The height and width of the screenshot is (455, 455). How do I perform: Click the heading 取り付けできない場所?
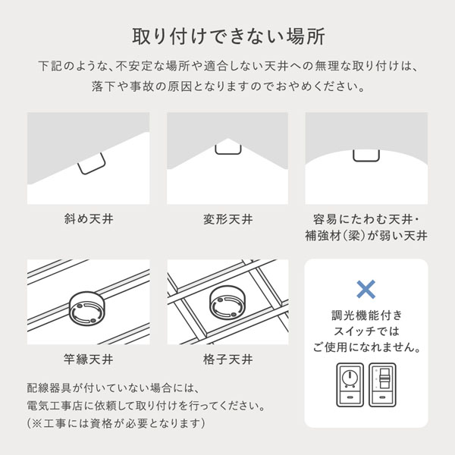click(x=228, y=36)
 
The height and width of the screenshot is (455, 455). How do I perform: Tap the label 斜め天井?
click(x=89, y=218)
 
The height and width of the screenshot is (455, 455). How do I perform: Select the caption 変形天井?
click(x=227, y=219)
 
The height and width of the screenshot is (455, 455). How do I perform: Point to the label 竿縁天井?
click(x=89, y=359)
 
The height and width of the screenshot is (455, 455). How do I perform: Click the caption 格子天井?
click(x=227, y=359)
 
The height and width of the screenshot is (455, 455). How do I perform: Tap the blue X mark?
click(x=366, y=290)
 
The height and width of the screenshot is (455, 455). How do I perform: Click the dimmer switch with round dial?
click(x=350, y=384)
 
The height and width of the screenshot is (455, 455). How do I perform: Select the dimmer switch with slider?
click(x=382, y=384)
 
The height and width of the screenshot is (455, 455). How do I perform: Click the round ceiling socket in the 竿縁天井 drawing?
click(x=86, y=308)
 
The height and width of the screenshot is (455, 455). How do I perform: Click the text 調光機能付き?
click(x=367, y=315)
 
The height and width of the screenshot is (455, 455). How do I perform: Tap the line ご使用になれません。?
click(x=367, y=347)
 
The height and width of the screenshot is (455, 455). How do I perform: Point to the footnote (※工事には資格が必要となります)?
click(x=116, y=423)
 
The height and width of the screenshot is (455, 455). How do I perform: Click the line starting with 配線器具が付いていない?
click(x=114, y=388)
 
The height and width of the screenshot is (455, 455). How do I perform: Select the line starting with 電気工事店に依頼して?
click(x=146, y=406)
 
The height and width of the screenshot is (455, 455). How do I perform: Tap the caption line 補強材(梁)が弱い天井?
click(x=366, y=235)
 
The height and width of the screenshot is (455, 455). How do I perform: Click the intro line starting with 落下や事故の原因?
click(x=228, y=86)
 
